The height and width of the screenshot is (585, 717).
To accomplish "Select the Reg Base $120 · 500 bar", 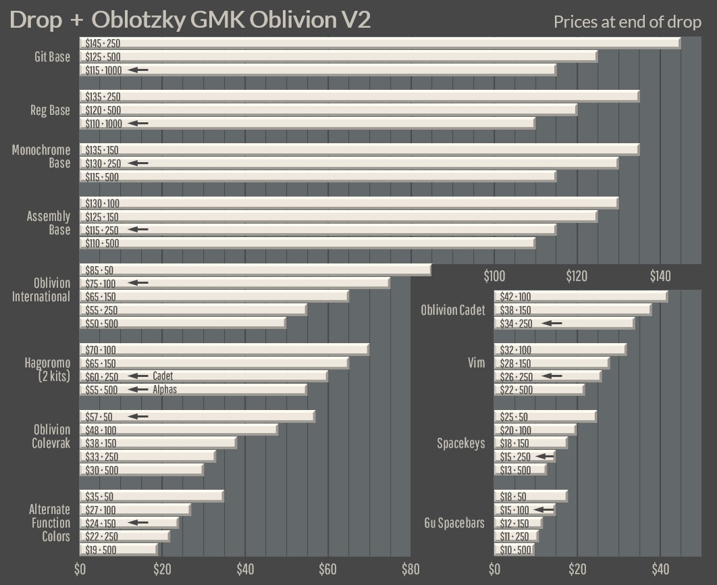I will (x=328, y=110).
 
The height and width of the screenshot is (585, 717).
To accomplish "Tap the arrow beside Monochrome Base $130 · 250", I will (x=138, y=163).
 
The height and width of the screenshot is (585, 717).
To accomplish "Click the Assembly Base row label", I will (x=48, y=223).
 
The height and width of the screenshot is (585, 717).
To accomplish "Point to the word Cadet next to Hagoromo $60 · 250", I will (x=163, y=376).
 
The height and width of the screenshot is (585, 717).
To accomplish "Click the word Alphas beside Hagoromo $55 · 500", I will (x=165, y=390).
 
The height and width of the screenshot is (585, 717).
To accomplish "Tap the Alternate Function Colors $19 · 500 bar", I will (x=119, y=550).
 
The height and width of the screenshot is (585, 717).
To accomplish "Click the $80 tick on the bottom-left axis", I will (x=410, y=569).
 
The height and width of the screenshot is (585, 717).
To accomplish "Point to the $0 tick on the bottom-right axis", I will (x=494, y=569).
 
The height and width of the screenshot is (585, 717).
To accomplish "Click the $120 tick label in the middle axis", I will (x=577, y=276).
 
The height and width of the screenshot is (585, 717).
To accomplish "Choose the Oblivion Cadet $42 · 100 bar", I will (x=581, y=297).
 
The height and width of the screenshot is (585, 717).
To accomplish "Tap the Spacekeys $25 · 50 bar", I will (x=546, y=416).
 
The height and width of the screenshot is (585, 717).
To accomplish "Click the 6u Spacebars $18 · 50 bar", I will (x=531, y=497).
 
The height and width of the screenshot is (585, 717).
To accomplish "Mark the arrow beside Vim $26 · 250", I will (x=552, y=376).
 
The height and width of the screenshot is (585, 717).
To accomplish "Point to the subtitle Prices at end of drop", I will (x=627, y=22).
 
